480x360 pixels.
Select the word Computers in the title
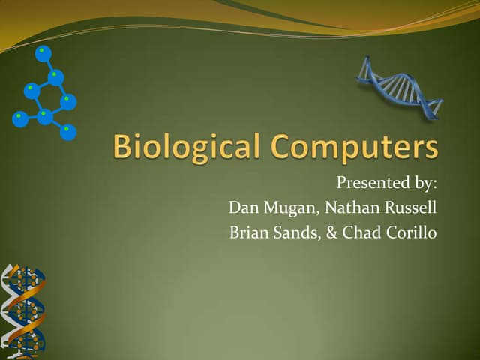click(356, 147)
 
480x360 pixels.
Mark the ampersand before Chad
click(330, 232)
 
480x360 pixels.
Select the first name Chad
click(358, 232)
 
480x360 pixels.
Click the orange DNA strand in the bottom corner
click(22, 311)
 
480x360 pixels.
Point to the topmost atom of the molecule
click(43, 54)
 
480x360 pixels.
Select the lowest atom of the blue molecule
click(68, 132)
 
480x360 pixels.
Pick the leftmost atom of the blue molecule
click(20, 118)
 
